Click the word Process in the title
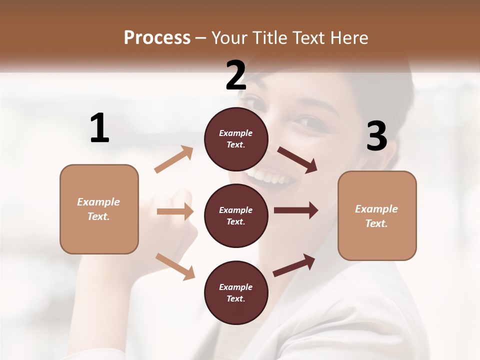click(x=157, y=37)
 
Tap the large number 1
click(x=99, y=128)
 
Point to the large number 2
click(x=236, y=75)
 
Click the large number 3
click(x=376, y=136)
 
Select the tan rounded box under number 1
click(x=99, y=209)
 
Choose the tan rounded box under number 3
click(x=377, y=216)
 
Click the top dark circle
click(x=236, y=139)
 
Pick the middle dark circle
click(x=236, y=215)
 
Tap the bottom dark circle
click(x=236, y=292)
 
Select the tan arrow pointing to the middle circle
click(x=175, y=211)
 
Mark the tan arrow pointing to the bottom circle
click(x=175, y=266)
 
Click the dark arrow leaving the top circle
click(x=297, y=159)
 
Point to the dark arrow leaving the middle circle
click(x=295, y=210)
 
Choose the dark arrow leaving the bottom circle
click(x=294, y=264)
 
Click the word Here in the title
click(x=350, y=37)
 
